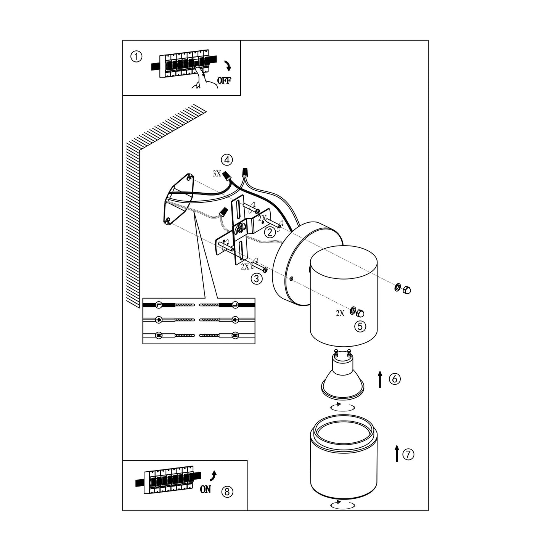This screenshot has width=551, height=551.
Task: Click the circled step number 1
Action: (x=136, y=57)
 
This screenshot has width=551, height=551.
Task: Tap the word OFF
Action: (x=224, y=80)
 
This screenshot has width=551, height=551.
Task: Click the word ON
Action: (x=205, y=490)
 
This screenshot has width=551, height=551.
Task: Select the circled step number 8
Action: (x=227, y=492)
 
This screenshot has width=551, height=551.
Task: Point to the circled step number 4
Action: (x=227, y=160)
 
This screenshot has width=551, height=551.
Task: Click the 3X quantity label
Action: (x=217, y=173)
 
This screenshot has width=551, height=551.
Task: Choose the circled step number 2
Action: (x=270, y=231)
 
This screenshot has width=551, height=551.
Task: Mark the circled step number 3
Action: (x=257, y=279)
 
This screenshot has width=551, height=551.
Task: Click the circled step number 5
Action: (x=360, y=326)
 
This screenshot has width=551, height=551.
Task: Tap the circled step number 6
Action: (x=395, y=379)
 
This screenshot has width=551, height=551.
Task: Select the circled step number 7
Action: (x=408, y=454)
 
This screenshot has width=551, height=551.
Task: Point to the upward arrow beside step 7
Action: (x=397, y=453)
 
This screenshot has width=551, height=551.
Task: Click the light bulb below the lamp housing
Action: (x=342, y=378)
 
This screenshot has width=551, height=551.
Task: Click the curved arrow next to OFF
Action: (x=228, y=66)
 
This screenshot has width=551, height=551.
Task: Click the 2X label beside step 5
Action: (x=340, y=313)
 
